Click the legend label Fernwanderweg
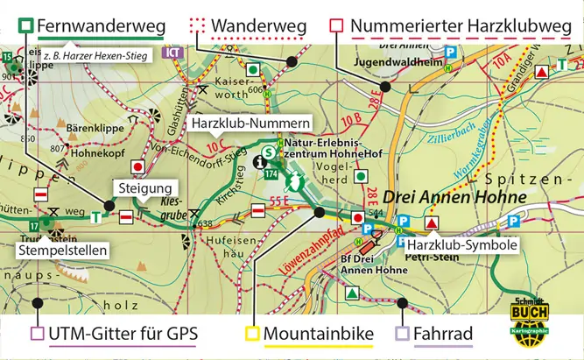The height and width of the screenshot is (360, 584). [x=101, y=26]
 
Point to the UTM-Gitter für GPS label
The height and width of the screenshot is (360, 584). [x=124, y=334]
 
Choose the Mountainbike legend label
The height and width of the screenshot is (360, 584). [x=319, y=334]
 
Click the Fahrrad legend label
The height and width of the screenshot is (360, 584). [x=444, y=334]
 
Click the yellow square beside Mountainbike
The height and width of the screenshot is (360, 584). [x=252, y=334]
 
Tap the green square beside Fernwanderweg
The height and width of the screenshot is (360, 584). [x=26, y=26]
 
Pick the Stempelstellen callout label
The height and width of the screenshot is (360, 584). [x=62, y=251]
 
